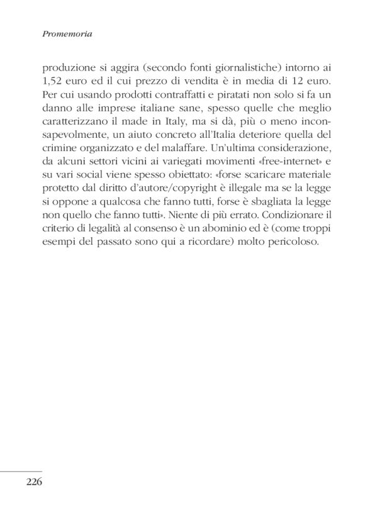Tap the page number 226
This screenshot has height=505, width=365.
[x=34, y=482]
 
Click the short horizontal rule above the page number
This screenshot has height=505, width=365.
[x=21, y=471]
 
